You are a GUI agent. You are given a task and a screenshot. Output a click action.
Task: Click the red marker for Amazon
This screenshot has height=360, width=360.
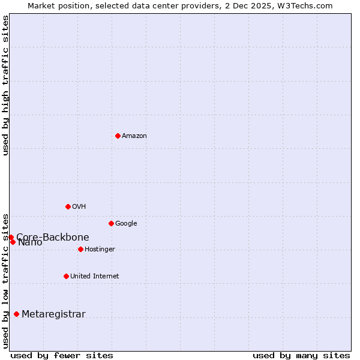pyautogui.click(x=118, y=136)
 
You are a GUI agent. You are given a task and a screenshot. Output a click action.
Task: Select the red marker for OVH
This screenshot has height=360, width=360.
pyautogui.click(x=68, y=206)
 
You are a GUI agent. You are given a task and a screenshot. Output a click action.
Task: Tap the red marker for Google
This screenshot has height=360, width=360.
pyautogui.click(x=111, y=223)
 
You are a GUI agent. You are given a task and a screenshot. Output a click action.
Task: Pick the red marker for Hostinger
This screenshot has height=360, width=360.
pyautogui.click(x=80, y=249)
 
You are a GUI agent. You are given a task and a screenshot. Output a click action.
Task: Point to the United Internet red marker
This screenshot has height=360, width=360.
pyautogui.click(x=66, y=276)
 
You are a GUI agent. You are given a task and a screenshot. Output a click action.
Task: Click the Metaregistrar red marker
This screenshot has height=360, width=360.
pyautogui.click(x=16, y=314)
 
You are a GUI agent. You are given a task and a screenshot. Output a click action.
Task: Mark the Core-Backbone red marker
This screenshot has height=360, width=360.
pyautogui.click(x=11, y=237)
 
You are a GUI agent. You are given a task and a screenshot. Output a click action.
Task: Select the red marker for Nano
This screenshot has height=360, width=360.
pyautogui.click(x=13, y=242)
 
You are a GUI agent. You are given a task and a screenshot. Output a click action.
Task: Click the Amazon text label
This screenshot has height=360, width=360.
pyautogui.click(x=134, y=136)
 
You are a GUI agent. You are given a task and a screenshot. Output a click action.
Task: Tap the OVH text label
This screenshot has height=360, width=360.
pyautogui.click(x=79, y=207)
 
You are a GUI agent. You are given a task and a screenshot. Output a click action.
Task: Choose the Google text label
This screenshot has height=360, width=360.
pyautogui.click(x=126, y=224)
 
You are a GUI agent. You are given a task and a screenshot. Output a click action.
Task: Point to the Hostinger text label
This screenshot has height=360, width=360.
pyautogui.click(x=100, y=250)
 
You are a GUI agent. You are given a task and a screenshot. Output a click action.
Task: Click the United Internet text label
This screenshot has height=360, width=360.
pyautogui.click(x=95, y=277)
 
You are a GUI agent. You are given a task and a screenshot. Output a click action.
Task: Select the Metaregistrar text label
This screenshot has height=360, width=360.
pyautogui.click(x=53, y=314)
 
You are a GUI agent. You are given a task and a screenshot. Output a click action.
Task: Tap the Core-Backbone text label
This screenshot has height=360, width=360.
pyautogui.click(x=53, y=237)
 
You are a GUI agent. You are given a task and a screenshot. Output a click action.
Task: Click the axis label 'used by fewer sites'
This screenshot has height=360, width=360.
pyautogui.click(x=62, y=355)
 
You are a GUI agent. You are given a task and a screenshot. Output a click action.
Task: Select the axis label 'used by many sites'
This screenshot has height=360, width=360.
pyautogui.click(x=301, y=355)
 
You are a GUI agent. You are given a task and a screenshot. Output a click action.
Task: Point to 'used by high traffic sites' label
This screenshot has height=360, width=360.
pyautogui.click(x=5, y=85)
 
